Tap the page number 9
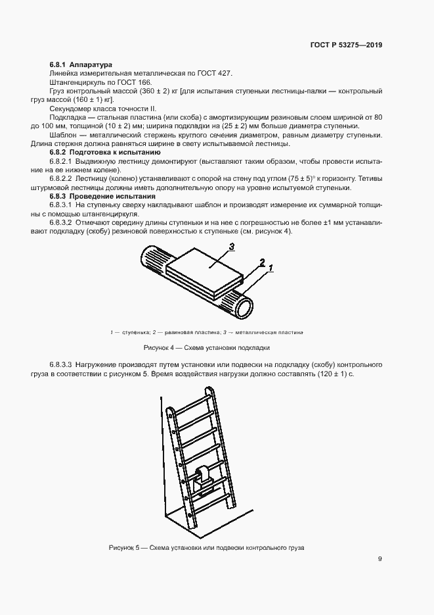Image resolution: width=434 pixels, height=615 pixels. (x=380, y=559)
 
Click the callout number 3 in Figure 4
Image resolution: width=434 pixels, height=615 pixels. (x=231, y=247)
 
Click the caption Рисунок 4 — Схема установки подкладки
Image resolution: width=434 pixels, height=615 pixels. (x=207, y=348)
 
